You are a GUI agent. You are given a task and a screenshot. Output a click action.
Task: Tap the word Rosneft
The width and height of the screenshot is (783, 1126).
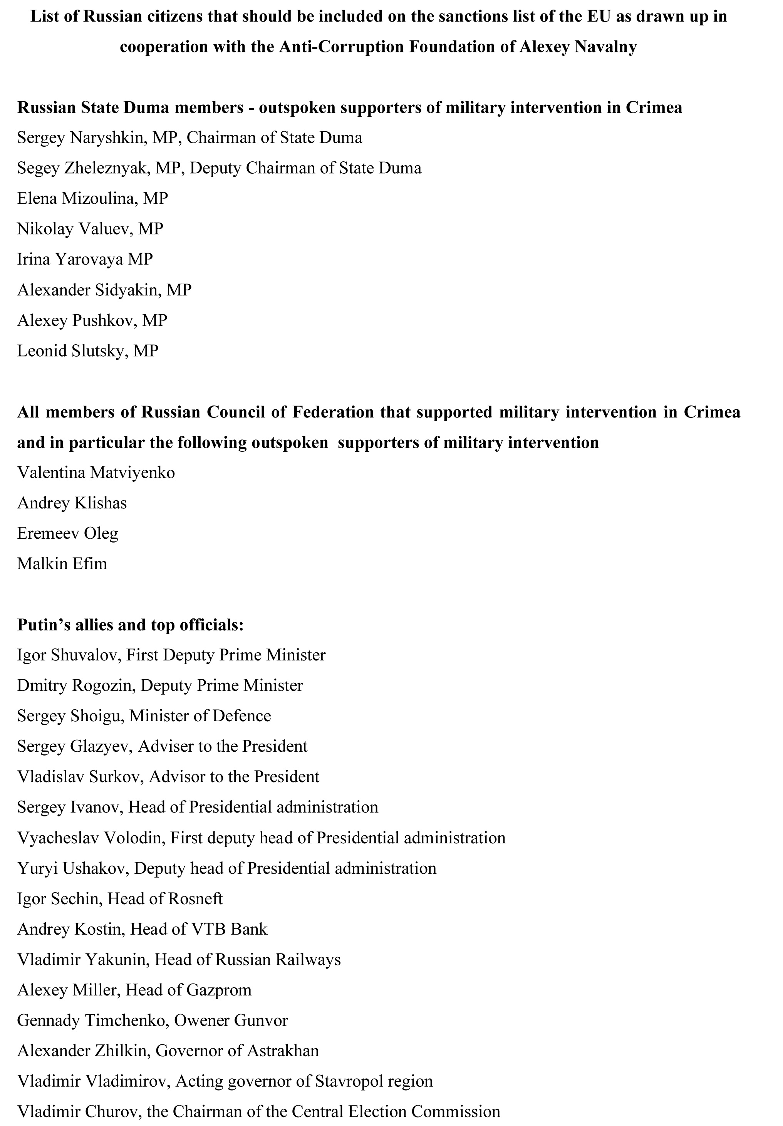[195, 898]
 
